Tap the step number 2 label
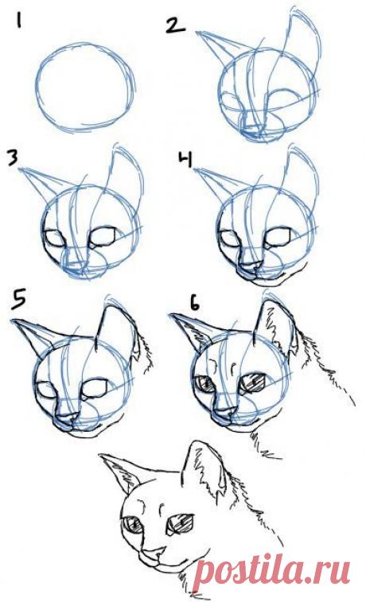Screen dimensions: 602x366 (174, 27)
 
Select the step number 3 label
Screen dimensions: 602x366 (13, 157)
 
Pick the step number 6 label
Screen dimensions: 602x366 (196, 302)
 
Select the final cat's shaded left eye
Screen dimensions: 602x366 (133, 525)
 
